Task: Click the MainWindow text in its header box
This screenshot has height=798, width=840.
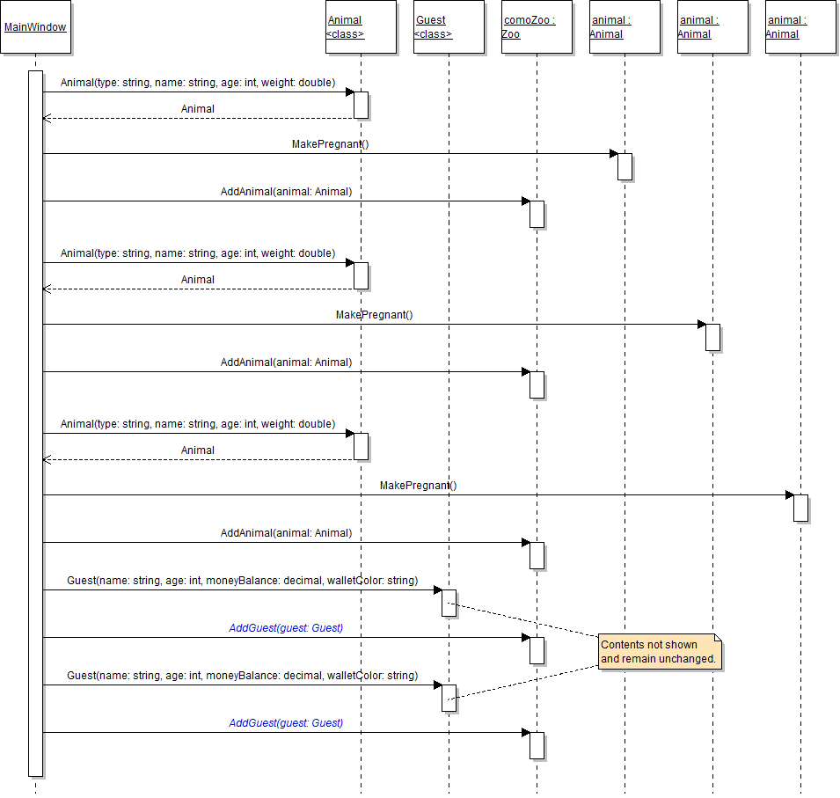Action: pos(35,26)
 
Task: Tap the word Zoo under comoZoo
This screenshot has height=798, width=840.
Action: pos(511,34)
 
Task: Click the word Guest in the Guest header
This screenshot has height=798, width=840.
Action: pos(430,20)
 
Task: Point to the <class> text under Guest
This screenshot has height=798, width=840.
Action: pos(433,34)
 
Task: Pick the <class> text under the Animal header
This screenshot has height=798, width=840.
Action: pos(345,34)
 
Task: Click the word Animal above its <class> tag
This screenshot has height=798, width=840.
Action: pos(344,20)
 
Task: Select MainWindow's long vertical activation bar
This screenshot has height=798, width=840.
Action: pos(35,422)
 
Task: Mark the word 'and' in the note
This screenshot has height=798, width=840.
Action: pos(610,658)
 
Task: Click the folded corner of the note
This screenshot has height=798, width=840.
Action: pos(717,638)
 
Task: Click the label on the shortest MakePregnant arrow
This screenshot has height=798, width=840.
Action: pos(330,143)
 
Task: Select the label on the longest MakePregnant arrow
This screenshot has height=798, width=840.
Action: pos(418,485)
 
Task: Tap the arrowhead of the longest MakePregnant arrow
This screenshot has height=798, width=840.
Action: pos(789,494)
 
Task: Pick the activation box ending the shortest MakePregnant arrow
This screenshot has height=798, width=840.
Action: pos(625,166)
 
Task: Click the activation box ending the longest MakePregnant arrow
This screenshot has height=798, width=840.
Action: pos(800,508)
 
